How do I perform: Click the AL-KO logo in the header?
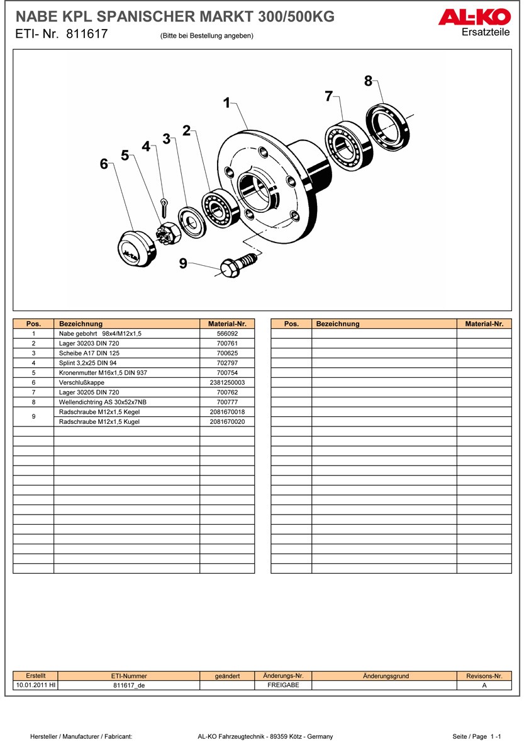[x=474, y=17]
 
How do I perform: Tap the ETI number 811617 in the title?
[x=87, y=35]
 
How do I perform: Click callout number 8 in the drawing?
[x=368, y=81]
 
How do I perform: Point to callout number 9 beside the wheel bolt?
[x=183, y=264]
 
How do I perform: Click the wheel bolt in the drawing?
[x=239, y=263]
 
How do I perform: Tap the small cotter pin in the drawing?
[x=165, y=205]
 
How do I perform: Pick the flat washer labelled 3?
[x=192, y=222]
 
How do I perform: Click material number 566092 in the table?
[x=226, y=333]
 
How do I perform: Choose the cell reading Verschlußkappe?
[x=82, y=382]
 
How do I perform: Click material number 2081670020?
[x=226, y=422]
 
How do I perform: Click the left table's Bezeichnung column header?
[x=81, y=324]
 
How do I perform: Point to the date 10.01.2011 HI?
[x=35, y=685]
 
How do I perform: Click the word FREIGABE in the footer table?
[x=283, y=685]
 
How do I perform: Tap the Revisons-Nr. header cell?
[x=484, y=676]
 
